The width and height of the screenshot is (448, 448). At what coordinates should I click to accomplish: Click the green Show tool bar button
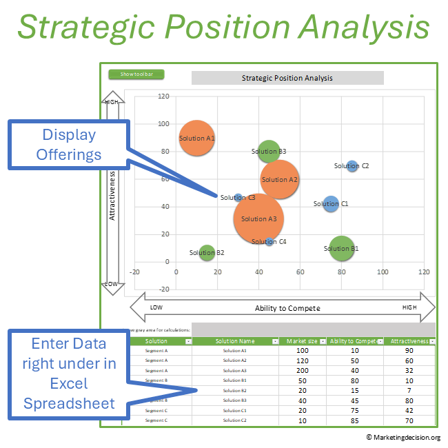pyautogui.click(x=136, y=74)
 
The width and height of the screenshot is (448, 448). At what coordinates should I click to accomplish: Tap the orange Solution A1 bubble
pyautogui.click(x=197, y=138)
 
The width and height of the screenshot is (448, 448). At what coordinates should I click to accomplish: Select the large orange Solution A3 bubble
pyautogui.click(x=258, y=218)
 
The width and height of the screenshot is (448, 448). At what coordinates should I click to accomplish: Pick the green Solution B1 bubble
pyautogui.click(x=341, y=249)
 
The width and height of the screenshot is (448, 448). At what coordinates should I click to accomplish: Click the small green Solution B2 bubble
pyautogui.click(x=207, y=253)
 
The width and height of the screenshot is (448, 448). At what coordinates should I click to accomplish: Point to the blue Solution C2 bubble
pyautogui.click(x=352, y=165)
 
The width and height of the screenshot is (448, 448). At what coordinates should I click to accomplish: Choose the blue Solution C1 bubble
pyautogui.click(x=332, y=204)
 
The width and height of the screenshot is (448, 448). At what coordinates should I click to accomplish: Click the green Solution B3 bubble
pyautogui.click(x=269, y=151)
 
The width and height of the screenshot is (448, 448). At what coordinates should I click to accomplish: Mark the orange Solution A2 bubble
pyautogui.click(x=279, y=179)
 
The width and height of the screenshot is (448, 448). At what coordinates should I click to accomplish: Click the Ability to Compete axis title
pyautogui.click(x=287, y=308)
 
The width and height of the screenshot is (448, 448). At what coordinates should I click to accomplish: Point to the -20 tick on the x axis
pyautogui.click(x=134, y=272)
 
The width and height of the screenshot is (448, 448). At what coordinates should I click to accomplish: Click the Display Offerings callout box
pyautogui.click(x=69, y=145)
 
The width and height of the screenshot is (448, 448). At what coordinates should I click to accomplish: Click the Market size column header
pyautogui.click(x=302, y=341)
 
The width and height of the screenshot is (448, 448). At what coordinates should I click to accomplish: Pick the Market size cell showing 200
pyautogui.click(x=302, y=370)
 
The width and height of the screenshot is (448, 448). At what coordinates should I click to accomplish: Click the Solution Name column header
pyautogui.click(x=235, y=341)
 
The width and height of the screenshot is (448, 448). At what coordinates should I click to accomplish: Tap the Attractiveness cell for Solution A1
pyautogui.click(x=409, y=351)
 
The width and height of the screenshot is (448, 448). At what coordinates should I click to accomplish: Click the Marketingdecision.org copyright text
pyautogui.click(x=403, y=437)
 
